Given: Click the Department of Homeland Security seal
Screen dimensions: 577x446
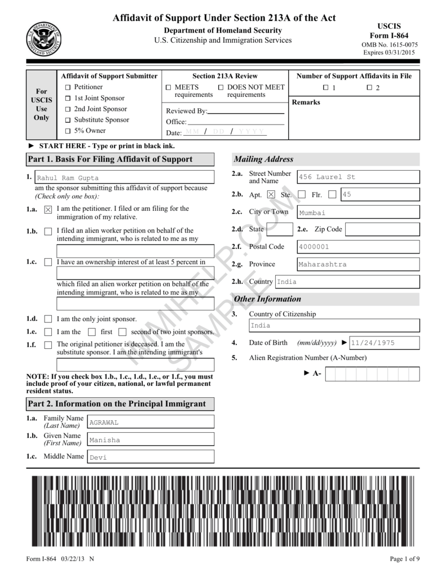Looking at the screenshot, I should point(43,39).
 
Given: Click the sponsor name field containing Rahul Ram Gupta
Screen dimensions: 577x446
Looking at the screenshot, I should point(124,177).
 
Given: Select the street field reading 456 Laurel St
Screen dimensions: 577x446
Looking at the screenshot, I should point(358,177).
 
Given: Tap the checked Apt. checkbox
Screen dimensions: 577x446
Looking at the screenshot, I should point(271,194).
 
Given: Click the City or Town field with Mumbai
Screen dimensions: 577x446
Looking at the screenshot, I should point(358,212).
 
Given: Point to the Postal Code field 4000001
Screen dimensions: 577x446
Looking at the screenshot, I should point(358,247).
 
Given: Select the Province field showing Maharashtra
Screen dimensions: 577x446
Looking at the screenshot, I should point(358,264).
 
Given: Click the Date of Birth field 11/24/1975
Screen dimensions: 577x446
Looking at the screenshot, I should point(384,343).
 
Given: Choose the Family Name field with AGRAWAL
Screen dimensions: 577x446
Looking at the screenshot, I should point(150,422).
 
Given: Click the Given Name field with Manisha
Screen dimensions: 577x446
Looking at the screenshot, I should point(150,440).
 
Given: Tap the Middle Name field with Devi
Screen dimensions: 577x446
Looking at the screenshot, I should point(150,457).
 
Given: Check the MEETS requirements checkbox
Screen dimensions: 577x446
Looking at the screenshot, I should point(169,88).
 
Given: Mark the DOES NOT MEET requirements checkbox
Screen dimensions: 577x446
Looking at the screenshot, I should point(221,88).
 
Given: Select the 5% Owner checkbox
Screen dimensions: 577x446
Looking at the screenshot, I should point(68,131).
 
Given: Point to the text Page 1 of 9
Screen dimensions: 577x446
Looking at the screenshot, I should point(404,559).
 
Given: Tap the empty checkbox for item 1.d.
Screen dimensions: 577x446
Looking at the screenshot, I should point(48,319).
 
